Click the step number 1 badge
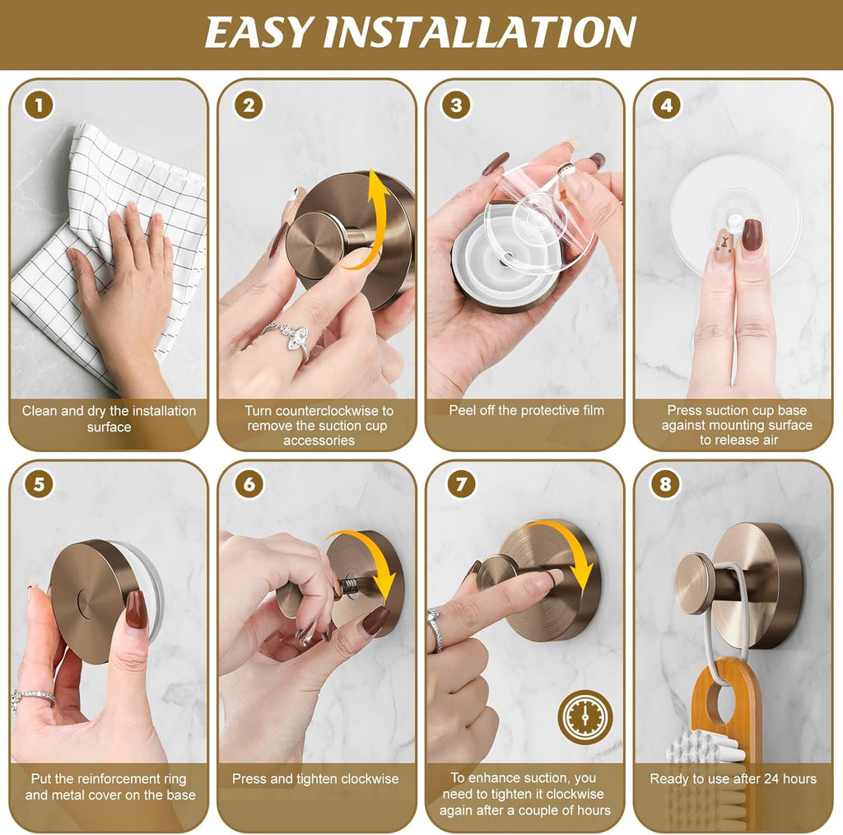pyautogui.click(x=39, y=106)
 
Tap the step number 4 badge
pyautogui.click(x=666, y=106)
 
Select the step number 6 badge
pyautogui.click(x=249, y=484)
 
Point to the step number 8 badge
pyautogui.click(x=665, y=484)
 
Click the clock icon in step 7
pyautogui.click(x=585, y=717)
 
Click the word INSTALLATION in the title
pyautogui.click(x=479, y=33)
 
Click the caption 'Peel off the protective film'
pyautogui.click(x=526, y=410)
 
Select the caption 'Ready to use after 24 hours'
pyautogui.click(x=733, y=778)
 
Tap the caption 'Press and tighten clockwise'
pyautogui.click(x=315, y=778)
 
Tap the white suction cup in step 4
pyautogui.click(x=733, y=198)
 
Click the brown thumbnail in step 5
pyautogui.click(x=135, y=609)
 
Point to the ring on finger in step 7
pyautogui.click(x=435, y=627)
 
